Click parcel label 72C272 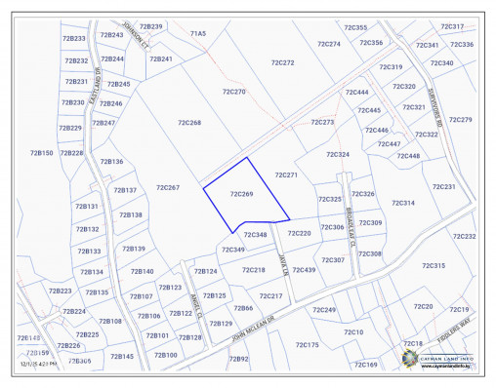click(282, 62)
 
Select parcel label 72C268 click(189, 123)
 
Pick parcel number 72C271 click(285, 175)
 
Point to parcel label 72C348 click(255, 235)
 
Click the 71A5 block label click(198, 33)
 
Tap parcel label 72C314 click(403, 203)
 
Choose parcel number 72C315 click(433, 265)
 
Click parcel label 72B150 click(41, 153)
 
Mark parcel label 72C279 click(460, 120)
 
